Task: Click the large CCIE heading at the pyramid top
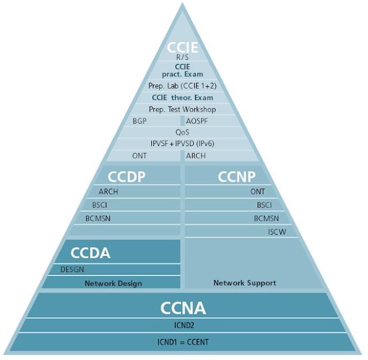click(x=182, y=47)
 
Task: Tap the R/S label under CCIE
click(x=182, y=58)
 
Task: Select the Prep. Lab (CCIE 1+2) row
click(x=182, y=86)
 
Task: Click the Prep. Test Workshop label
click(x=182, y=109)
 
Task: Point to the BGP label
click(x=140, y=121)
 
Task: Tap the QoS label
click(x=182, y=132)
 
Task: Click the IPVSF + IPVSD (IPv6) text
click(x=182, y=144)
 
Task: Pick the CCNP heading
click(x=236, y=177)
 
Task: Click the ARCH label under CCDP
click(x=108, y=192)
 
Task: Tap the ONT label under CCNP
click(x=258, y=192)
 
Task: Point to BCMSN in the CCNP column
click(x=266, y=219)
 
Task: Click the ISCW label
click(x=277, y=232)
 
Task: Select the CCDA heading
click(x=90, y=252)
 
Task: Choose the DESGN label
click(x=72, y=269)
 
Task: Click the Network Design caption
click(x=113, y=283)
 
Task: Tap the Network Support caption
click(x=244, y=282)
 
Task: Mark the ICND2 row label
click(x=182, y=325)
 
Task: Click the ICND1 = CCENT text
click(x=182, y=342)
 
